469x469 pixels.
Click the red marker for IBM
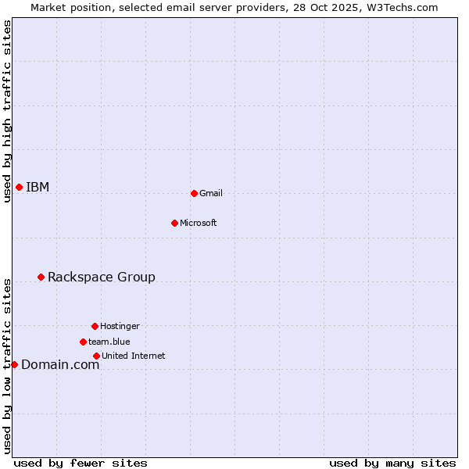19,187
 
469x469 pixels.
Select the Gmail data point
194,193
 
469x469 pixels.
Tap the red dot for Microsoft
174,223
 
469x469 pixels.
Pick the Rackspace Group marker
41,277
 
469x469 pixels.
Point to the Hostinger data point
95,326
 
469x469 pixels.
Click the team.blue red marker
83,342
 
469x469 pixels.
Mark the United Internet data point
96,356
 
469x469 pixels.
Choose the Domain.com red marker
14,364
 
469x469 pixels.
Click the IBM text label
38,187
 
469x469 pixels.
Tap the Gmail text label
211,193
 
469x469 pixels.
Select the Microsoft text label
199,223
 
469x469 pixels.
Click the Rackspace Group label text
102,277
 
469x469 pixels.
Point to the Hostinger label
120,326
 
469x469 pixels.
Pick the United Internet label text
134,356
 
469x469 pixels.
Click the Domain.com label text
60,364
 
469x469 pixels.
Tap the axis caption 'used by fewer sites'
81,463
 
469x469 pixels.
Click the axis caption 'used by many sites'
392,463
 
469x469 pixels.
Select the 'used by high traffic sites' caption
8,111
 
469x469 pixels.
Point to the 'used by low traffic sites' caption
8,366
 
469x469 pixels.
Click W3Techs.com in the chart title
399,7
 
